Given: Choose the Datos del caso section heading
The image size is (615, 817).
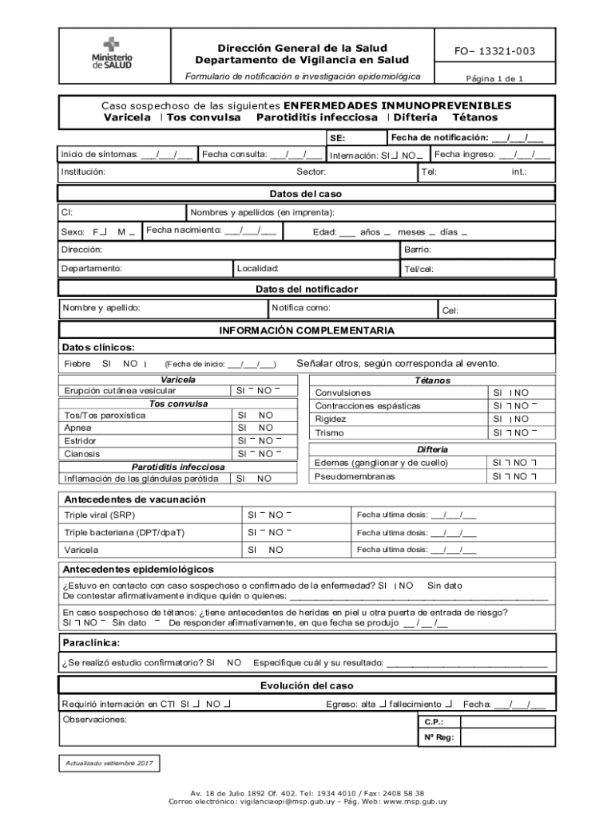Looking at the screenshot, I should click(306, 194).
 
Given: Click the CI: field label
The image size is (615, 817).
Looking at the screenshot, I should click(68, 213).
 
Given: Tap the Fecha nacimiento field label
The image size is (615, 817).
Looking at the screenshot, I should click(184, 231).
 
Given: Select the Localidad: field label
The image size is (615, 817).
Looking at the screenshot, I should click(257, 269).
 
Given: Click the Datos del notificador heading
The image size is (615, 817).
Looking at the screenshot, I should click(307, 289).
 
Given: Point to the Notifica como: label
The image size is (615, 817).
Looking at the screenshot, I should click(301, 308).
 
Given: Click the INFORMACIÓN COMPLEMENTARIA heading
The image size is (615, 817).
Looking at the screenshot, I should click(307, 330).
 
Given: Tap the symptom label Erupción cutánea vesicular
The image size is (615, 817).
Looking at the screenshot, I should click(120, 391).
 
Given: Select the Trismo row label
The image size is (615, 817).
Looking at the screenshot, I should click(330, 433).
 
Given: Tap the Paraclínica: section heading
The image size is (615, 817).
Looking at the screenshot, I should click(91, 642).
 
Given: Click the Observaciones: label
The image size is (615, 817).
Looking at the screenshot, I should click(94, 720).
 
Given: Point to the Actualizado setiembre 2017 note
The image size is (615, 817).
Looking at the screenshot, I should click(109, 764).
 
